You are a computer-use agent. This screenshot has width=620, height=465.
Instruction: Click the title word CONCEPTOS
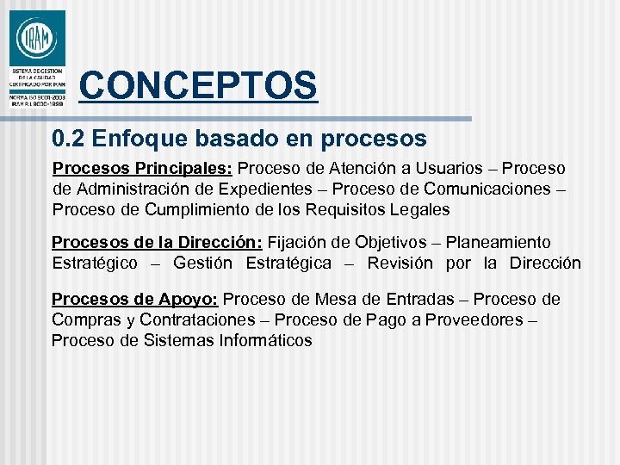198,85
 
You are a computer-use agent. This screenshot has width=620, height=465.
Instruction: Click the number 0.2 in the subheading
67,138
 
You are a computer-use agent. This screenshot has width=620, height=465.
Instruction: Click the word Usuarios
457,168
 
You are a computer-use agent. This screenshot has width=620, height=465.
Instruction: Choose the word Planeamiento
499,243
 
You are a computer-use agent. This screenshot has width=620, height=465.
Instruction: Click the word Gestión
202,263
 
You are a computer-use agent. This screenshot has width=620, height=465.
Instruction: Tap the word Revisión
400,263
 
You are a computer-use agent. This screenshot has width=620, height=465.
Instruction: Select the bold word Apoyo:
189,300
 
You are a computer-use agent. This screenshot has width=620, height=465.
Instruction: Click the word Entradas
417,300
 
